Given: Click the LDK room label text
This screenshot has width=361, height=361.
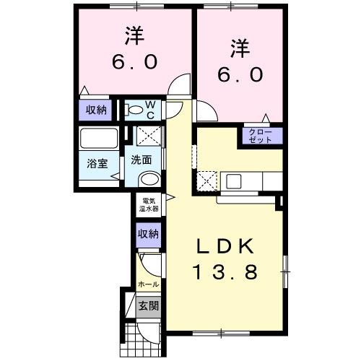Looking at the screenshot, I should coord(225,247).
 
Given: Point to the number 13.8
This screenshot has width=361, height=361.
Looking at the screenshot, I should coord(225,272).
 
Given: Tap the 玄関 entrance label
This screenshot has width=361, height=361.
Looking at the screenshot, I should coord(149,305).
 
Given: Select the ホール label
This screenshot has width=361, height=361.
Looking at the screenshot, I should coord(149,284).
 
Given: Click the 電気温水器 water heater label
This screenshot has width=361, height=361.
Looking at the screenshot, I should coord(150,204).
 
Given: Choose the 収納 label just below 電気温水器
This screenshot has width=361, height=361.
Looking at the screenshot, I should coord(149,233).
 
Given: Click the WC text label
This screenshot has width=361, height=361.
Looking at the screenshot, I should coord(152,110).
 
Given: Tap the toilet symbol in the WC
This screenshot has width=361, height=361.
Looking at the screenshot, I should coord(134,110).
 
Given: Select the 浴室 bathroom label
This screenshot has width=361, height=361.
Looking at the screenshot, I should coord(97,163).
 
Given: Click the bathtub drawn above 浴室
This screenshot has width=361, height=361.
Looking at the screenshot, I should coord(99,138).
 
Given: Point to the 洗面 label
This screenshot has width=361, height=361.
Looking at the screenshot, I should coord(141,160).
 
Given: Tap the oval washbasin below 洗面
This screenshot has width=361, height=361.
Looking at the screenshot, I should coord(149,178).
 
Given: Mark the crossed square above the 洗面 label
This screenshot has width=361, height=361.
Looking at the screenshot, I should coord(149,136).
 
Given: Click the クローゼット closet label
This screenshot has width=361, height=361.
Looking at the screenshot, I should coord(260,135).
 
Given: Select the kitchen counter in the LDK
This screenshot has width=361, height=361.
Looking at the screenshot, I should coord(250,180).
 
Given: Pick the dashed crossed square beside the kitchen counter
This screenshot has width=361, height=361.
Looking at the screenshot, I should coord(207,180).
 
